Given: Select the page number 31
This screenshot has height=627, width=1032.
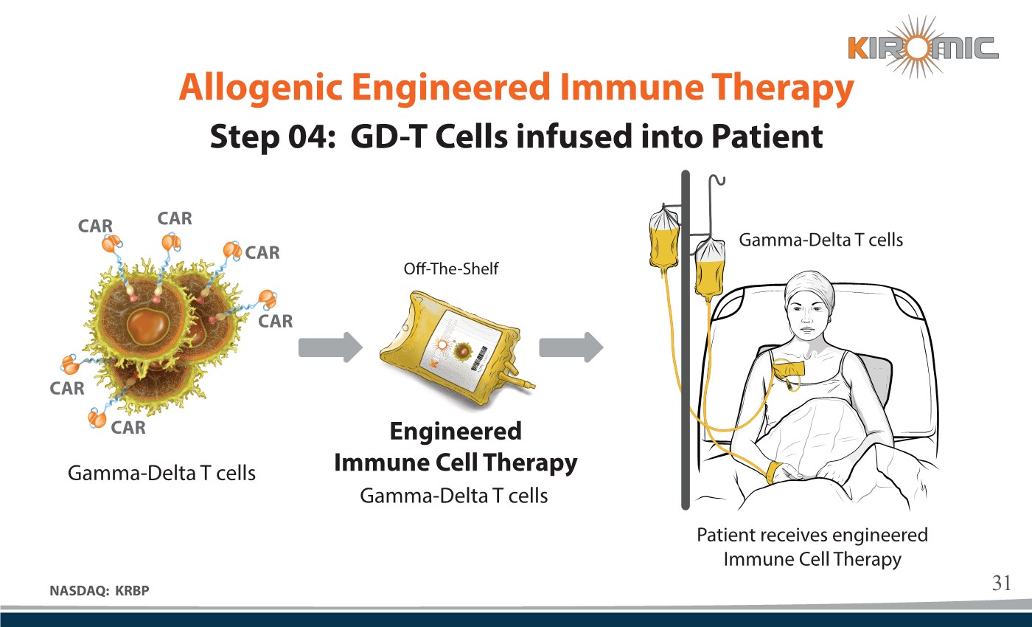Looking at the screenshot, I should point(1000,583).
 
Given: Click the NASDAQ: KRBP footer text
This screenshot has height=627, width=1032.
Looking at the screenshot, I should point(104,589).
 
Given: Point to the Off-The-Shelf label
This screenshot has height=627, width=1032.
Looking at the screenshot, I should point(450,269).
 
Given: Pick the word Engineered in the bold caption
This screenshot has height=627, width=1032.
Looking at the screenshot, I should point(455,431).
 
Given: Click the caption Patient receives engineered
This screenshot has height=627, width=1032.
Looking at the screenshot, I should point(812,535).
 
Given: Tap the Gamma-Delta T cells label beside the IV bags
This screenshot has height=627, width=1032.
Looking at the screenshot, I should point(820,239).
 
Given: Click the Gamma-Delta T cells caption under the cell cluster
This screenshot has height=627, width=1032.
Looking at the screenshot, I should point(161,473).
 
